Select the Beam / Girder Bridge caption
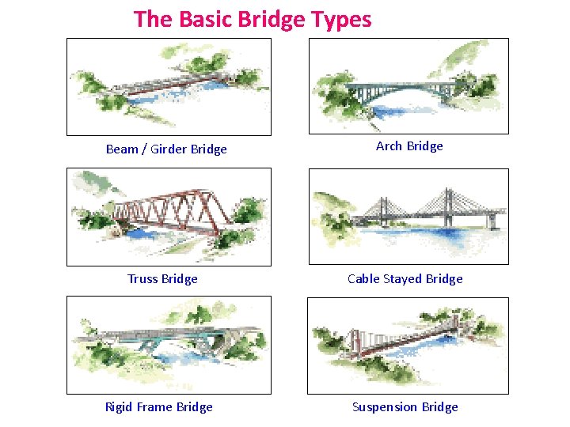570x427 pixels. coord(166,149)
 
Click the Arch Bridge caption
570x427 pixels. coord(409,145)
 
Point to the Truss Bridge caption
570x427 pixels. coord(162,278)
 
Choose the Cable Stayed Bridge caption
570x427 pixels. coord(405,278)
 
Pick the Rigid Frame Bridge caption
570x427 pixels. coord(158,406)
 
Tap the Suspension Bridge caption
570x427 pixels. coord(405,406)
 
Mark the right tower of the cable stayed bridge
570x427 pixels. coord(448,201)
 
